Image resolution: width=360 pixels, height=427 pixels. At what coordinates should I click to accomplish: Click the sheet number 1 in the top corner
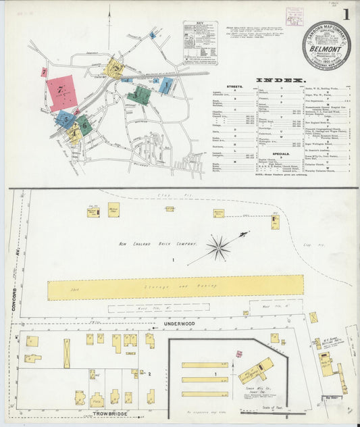[346, 14]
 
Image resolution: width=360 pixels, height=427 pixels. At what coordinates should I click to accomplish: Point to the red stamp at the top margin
[294, 16]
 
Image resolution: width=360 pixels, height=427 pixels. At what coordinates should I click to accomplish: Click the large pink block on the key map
[61, 93]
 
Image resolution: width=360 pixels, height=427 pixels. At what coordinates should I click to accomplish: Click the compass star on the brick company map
[218, 248]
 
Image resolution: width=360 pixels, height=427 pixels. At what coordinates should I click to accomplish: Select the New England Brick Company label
[158, 244]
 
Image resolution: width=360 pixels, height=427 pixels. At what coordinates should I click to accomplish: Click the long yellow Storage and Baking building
[176, 286]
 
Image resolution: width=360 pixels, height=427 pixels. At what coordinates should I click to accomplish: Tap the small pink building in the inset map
[238, 353]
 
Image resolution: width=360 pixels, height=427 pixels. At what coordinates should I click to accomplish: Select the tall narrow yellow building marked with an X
[67, 353]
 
